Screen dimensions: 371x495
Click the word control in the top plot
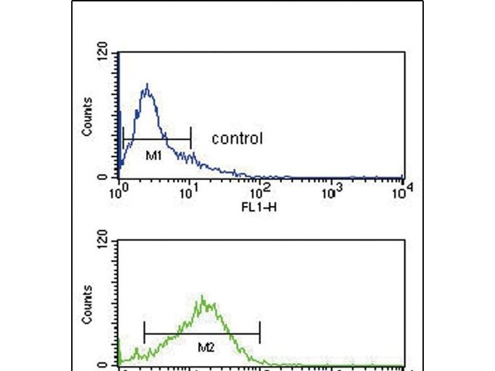coord(237,139)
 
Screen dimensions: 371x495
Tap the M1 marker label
coord(153,156)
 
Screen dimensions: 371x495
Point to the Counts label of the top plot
coord(88,117)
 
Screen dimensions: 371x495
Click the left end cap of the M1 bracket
coord(124,139)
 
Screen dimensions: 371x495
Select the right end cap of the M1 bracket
coord(191,139)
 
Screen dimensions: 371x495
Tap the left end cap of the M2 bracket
coord(144,333)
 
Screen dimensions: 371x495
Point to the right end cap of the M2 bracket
coord(260,333)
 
